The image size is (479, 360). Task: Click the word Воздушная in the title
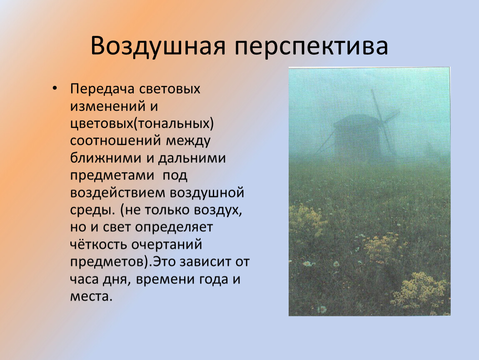point(158,46)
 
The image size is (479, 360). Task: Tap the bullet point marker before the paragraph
point(55,88)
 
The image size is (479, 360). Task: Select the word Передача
point(102,89)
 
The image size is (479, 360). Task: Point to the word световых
point(170,89)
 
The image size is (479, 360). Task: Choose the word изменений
point(108,106)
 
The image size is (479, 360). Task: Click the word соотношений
point(115,141)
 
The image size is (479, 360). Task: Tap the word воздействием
point(117,193)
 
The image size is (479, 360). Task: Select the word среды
point(92,210)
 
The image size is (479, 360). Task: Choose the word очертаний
point(167,245)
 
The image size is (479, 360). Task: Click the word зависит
point(205,262)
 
